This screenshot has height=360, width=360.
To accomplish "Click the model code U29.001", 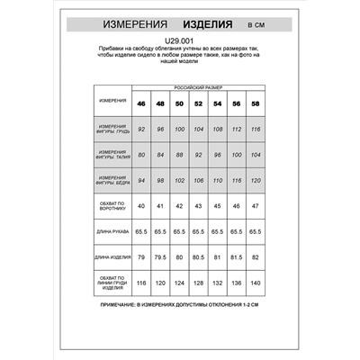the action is click(x=179, y=41).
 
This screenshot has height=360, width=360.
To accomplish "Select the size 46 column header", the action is click(x=141, y=103).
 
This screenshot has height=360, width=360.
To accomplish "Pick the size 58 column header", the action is click(x=256, y=103).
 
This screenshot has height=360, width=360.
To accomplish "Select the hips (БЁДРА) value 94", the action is click(x=141, y=180).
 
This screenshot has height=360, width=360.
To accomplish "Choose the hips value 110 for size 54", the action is click(x=217, y=180).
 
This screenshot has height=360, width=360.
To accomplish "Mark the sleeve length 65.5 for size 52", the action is click(x=198, y=232).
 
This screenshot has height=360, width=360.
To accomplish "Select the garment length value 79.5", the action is click(x=160, y=258).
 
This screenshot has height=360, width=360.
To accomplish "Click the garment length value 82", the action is click(x=256, y=258).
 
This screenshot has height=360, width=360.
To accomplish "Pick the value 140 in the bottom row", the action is click(x=256, y=283).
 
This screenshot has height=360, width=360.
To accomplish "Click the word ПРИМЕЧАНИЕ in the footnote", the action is click(x=118, y=307).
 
